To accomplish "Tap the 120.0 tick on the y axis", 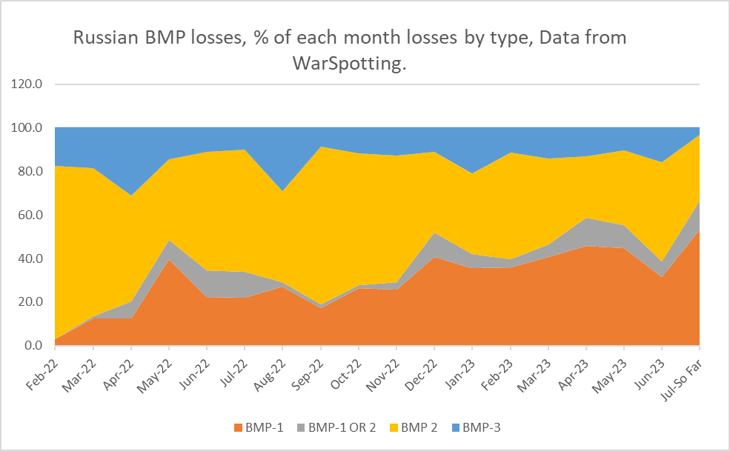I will (x=28, y=84).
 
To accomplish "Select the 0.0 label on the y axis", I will (x=34, y=346).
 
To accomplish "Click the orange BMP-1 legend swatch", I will (x=239, y=427).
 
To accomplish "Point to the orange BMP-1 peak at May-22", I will (x=170, y=260).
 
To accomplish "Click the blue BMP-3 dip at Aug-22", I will (x=282, y=191).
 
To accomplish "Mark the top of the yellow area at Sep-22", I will (x=320, y=147).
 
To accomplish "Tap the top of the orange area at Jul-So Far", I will (x=699, y=230).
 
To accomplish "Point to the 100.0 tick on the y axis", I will (x=28, y=127).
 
